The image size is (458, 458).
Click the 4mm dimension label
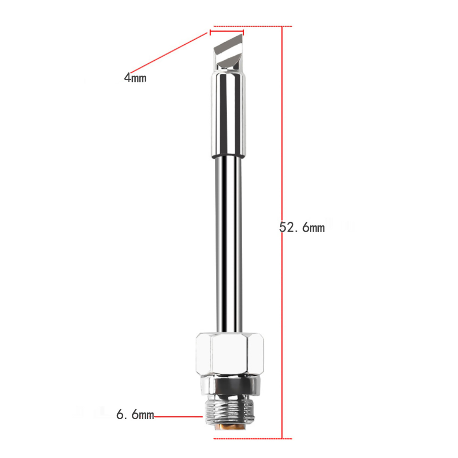coord(135,78)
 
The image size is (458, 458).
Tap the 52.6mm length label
coord(302,227)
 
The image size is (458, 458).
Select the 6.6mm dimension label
coord(135,414)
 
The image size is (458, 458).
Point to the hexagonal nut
coord(230,354)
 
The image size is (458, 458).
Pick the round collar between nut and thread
coord(230,387)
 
